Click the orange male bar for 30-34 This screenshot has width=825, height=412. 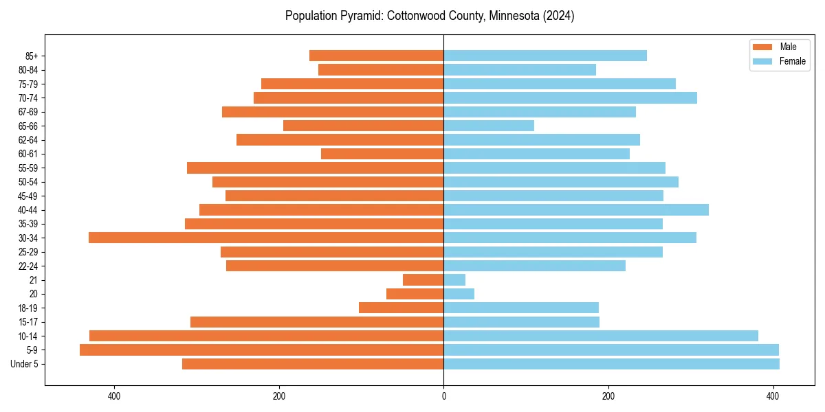click(266, 238)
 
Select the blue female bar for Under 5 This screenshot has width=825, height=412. click(611, 364)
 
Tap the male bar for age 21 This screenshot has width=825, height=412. click(423, 279)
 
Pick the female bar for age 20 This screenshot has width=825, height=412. click(459, 294)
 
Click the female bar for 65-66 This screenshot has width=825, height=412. click(489, 126)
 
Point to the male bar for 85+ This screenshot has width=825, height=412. click(377, 56)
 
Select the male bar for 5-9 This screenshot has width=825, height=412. click(261, 350)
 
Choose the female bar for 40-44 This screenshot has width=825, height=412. click(576, 209)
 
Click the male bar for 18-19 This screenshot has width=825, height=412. click(401, 308)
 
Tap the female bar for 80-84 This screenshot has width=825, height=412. click(520, 69)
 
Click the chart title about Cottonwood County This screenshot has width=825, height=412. click(430, 16)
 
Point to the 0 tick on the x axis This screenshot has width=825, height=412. click(443, 396)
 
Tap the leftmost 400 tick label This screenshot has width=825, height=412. click(114, 396)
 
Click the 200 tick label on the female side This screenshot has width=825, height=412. click(608, 396)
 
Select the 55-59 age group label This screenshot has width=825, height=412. click(28, 168)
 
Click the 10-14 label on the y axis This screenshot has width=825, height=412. click(28, 336)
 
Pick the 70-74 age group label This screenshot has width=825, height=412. click(28, 98)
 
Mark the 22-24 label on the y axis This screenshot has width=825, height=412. click(28, 266)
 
